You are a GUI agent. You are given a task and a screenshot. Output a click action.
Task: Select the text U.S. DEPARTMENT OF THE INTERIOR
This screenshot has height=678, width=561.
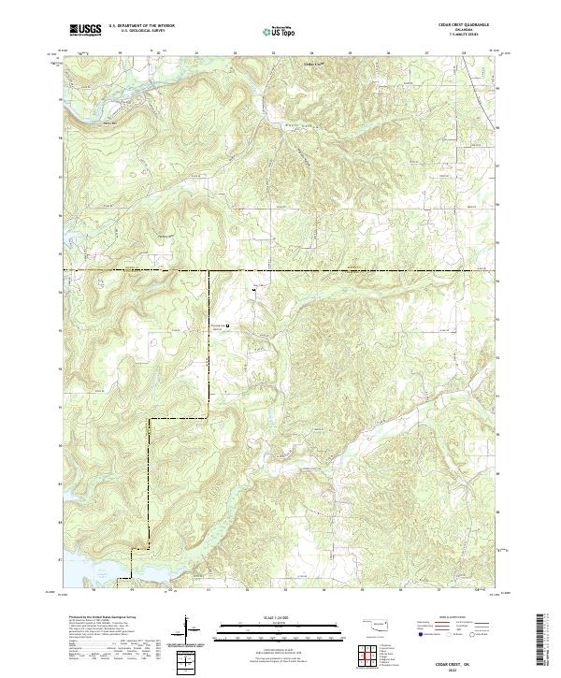tap(141, 26)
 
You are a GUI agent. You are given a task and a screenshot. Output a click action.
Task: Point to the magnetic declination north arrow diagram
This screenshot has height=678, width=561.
tap(189, 635)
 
